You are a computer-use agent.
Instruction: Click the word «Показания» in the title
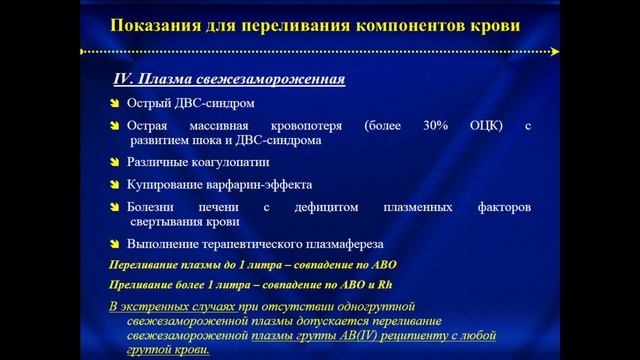pos(150,23)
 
